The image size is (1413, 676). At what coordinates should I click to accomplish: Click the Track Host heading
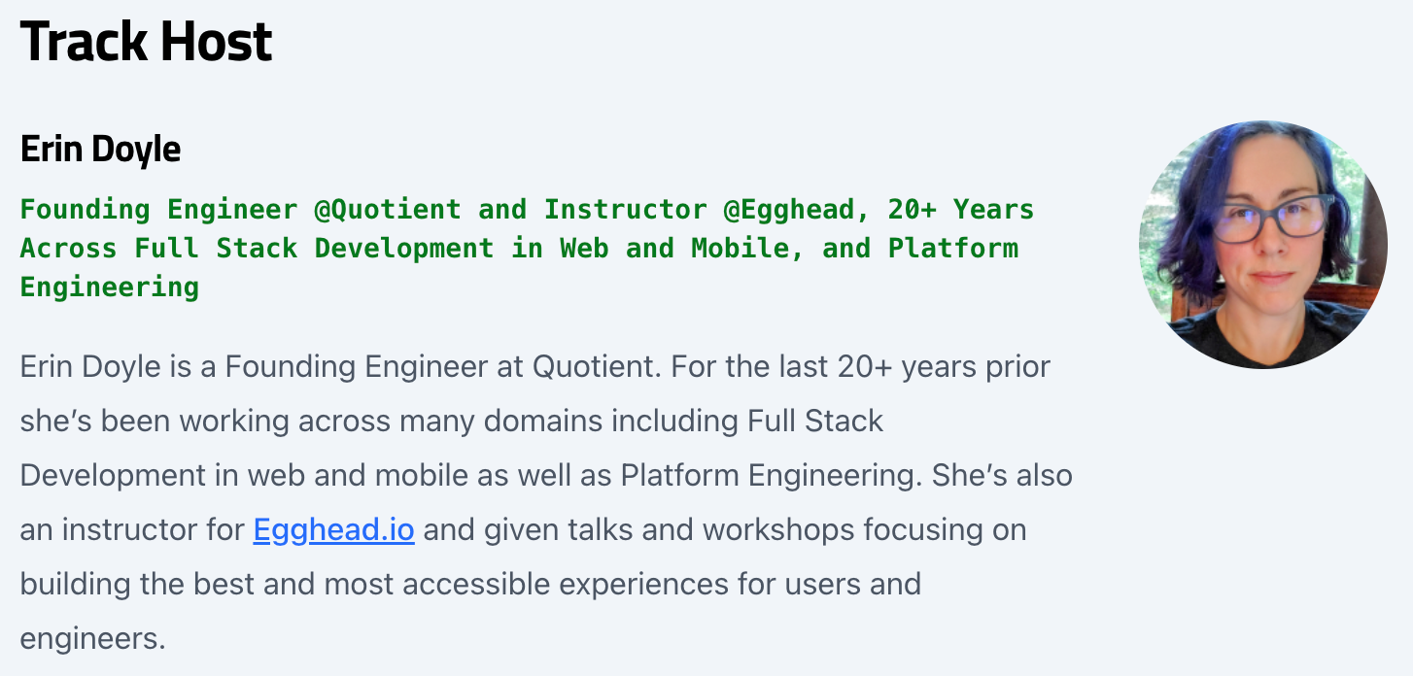146,42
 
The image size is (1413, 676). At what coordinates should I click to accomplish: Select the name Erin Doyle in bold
100,150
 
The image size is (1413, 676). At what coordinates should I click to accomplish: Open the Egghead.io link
333,529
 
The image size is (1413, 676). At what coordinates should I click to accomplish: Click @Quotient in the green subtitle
388,210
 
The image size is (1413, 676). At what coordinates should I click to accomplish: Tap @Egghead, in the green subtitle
797,210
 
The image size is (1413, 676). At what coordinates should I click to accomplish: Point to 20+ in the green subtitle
913,210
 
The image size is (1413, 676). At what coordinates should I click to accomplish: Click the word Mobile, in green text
748,249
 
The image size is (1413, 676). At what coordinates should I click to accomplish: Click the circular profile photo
1263,245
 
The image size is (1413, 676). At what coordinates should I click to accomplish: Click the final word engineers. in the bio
92,639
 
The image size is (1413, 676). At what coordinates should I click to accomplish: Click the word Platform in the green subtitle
953,249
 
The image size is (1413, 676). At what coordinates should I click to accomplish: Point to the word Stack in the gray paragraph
844,421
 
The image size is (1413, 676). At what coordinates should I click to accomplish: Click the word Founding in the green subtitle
86,210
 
